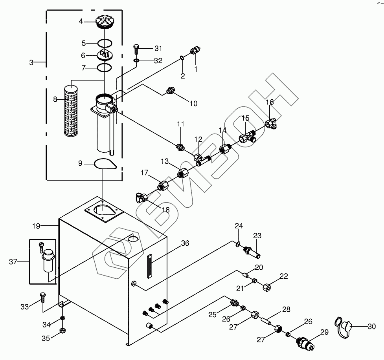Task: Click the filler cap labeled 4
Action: (105, 22)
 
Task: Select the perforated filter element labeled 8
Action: (71, 110)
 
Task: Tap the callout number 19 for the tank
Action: (36, 226)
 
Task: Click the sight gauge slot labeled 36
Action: (150, 266)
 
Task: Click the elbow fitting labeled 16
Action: (271, 122)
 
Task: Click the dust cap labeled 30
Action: (344, 327)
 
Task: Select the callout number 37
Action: (13, 262)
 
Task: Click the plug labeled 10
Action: (169, 90)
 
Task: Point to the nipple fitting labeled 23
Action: (252, 252)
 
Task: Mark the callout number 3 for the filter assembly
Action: (31, 62)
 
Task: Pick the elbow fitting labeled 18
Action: (141, 197)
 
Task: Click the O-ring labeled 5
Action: (105, 43)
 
